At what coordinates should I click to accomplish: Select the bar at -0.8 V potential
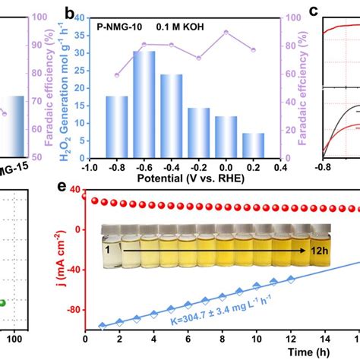[116, 125]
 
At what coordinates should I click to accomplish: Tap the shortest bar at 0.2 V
[254, 144]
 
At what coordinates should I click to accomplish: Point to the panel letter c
[312, 12]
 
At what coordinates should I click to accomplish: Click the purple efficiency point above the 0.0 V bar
[226, 33]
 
